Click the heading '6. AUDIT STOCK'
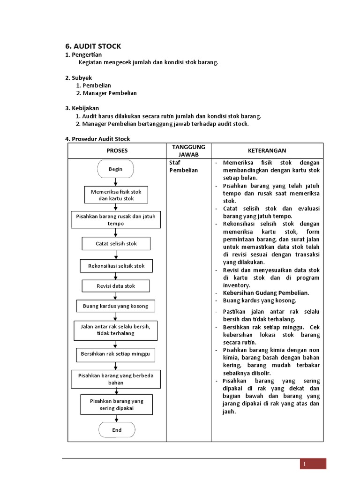click(x=93, y=46)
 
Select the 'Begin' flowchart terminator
click(x=116, y=169)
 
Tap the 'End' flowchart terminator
click(x=117, y=430)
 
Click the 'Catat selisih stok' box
click(x=116, y=244)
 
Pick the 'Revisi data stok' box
click(x=116, y=286)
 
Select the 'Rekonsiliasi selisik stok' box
click(x=116, y=266)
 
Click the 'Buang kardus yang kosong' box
click(x=115, y=306)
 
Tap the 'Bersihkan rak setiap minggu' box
click(x=115, y=354)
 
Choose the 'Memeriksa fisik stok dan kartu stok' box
click(x=116, y=195)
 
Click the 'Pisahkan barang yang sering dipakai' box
click(x=117, y=405)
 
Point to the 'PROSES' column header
click(x=117, y=150)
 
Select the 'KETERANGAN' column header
click(x=267, y=150)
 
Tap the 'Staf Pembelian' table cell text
click(x=183, y=166)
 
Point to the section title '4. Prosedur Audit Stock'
click(x=97, y=139)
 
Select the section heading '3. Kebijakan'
click(x=82, y=108)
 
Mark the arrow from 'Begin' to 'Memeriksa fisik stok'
click(x=116, y=182)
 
